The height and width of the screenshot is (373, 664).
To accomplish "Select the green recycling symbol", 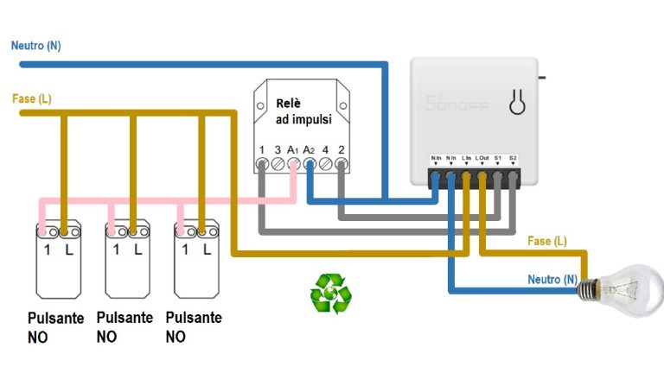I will coord(331,293).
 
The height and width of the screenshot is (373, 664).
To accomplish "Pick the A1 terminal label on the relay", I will coord(293,150).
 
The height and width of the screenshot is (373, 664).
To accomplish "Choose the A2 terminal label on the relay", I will coord(309,150).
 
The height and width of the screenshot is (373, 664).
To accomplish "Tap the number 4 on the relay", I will coord(325,150).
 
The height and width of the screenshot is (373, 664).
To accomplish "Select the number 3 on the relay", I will coord(277,150).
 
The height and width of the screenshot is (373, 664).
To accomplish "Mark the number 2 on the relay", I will coord(342,150).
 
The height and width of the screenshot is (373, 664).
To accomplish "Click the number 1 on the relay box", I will coord(261,150).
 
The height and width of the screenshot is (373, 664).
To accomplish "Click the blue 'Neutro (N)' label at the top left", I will coord(36,45).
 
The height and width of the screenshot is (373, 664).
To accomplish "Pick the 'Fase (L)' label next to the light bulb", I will coord(547,241).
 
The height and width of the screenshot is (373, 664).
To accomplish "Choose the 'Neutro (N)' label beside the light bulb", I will coord(552,280).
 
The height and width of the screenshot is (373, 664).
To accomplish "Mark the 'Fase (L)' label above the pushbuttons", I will coord(32,99).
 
